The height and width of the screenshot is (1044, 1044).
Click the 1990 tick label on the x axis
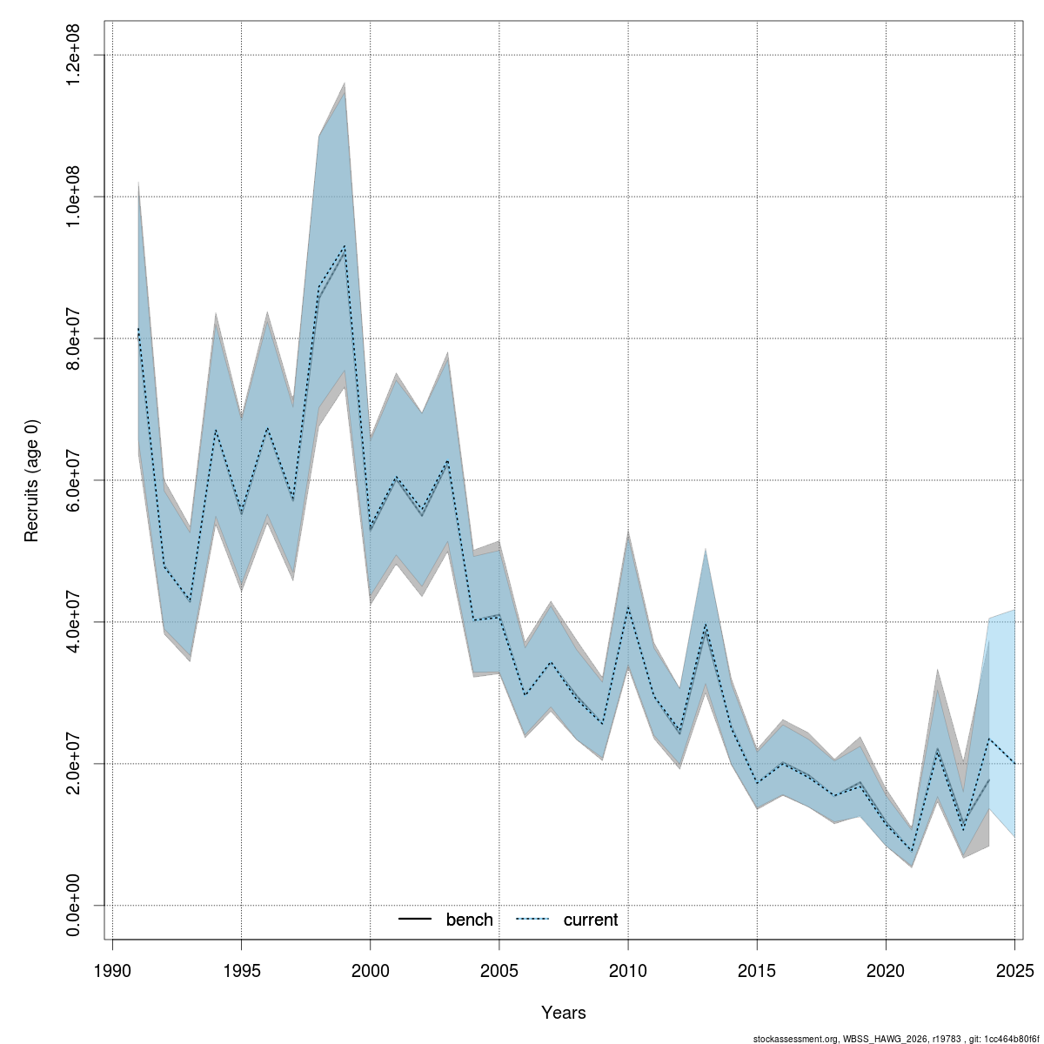pyautogui.click(x=112, y=970)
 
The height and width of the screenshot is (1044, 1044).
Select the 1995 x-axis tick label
pyautogui.click(x=241, y=970)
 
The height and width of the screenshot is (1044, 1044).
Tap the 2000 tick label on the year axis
pyautogui.click(x=371, y=970)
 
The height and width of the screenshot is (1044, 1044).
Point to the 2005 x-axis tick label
pyautogui.click(x=499, y=970)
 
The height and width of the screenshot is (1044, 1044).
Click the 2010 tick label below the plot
pyautogui.click(x=628, y=970)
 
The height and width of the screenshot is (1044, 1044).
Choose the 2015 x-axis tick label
pyautogui.click(x=757, y=970)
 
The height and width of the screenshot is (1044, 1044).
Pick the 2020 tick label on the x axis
pyautogui.click(x=886, y=970)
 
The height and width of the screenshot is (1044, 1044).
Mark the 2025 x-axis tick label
pyautogui.click(x=1014, y=970)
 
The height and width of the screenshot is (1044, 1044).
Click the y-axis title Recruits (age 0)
pyautogui.click(x=32, y=480)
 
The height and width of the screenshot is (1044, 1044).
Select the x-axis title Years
pyautogui.click(x=563, y=1013)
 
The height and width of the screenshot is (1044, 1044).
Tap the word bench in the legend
pyautogui.click(x=469, y=920)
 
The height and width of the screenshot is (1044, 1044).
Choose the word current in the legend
pyautogui.click(x=591, y=920)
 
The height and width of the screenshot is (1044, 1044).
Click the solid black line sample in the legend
pyautogui.click(x=416, y=920)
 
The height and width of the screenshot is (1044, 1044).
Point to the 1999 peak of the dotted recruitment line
pyautogui.click(x=345, y=246)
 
